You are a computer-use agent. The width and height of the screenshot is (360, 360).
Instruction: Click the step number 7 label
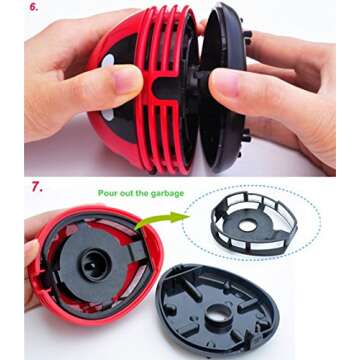point(37,187)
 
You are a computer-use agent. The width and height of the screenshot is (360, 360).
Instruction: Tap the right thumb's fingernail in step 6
point(226,83)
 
